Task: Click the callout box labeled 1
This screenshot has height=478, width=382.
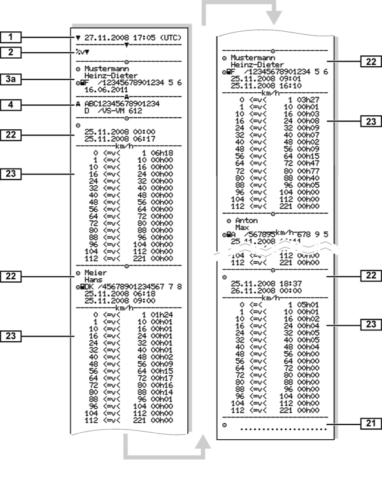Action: point(11,38)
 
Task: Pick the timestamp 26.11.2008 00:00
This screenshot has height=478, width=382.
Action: point(263,290)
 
